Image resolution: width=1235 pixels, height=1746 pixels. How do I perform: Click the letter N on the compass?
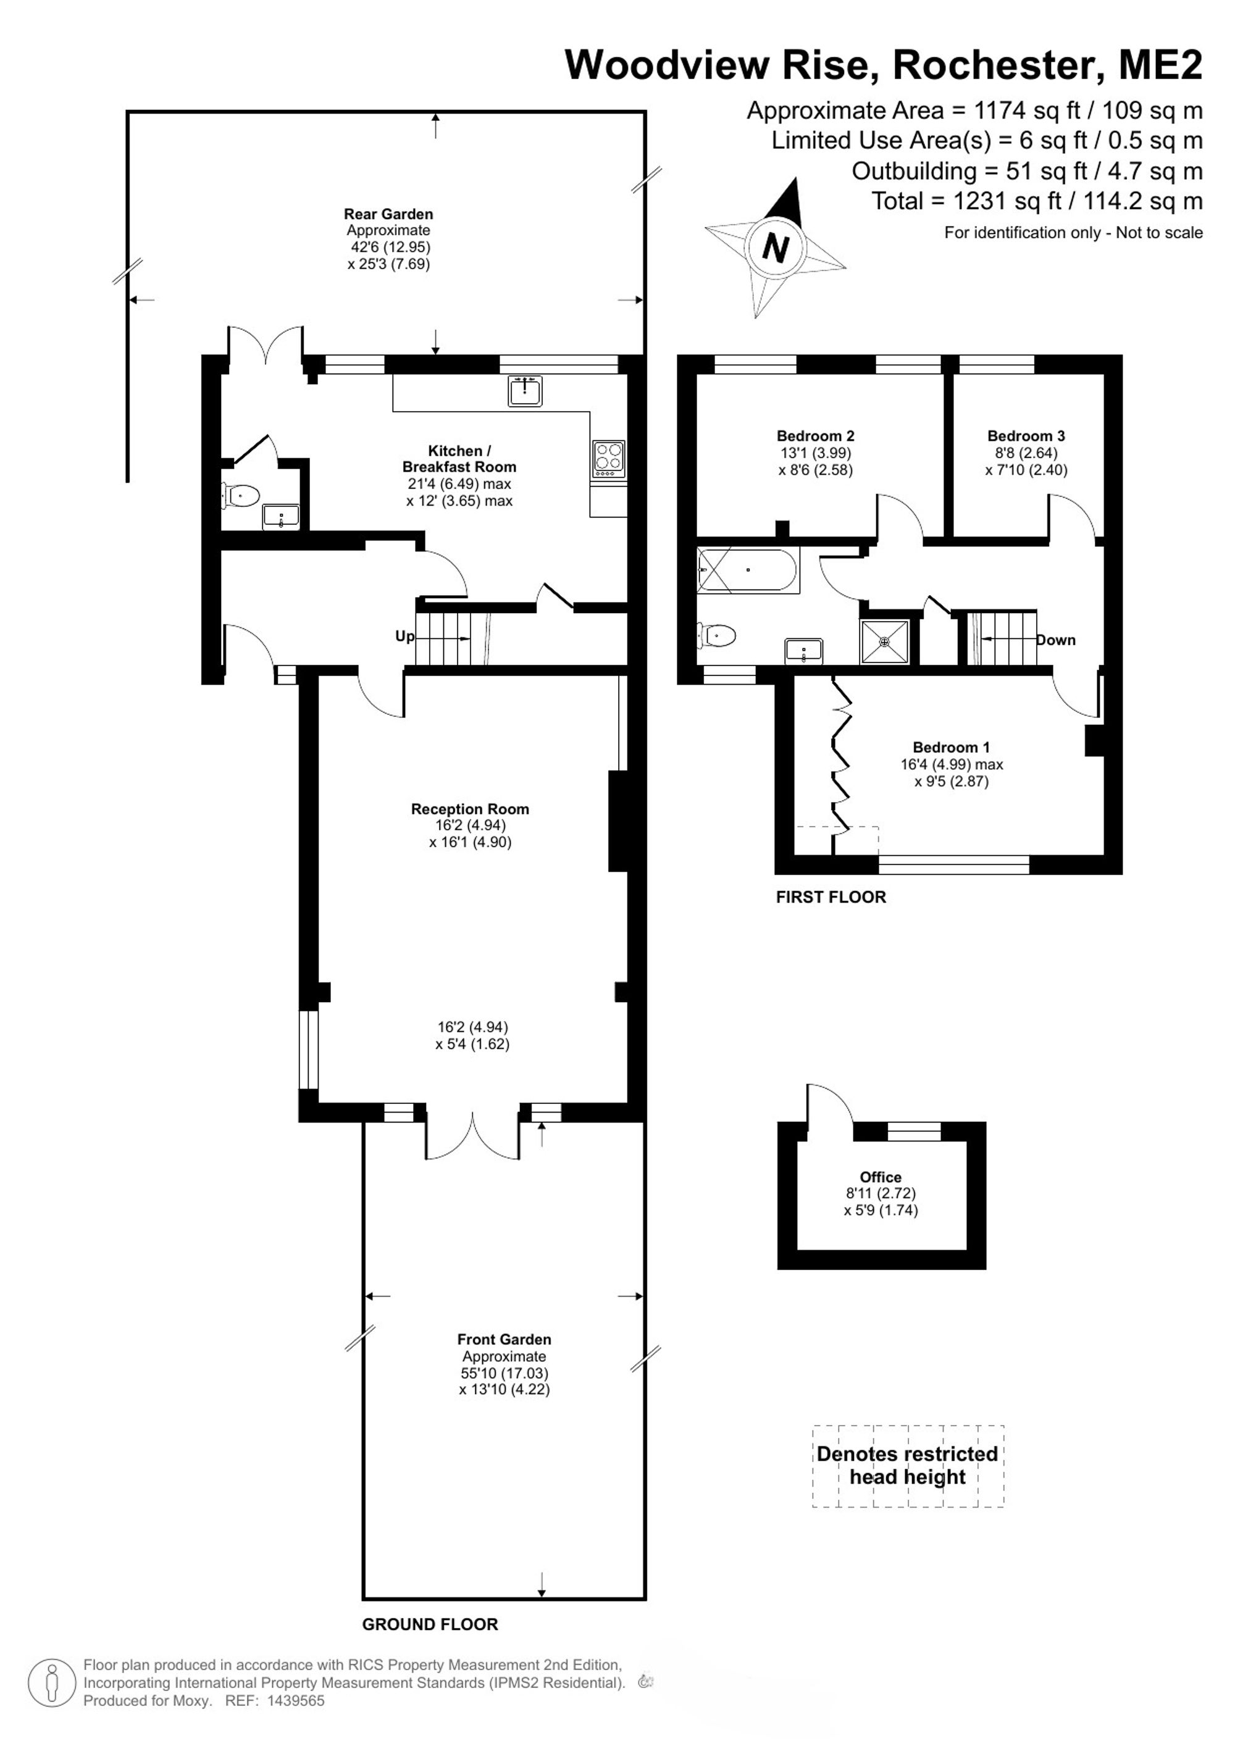tap(776, 247)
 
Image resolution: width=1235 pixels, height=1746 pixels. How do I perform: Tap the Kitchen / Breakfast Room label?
tap(459, 459)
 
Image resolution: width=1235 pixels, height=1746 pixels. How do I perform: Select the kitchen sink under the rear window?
tap(525, 391)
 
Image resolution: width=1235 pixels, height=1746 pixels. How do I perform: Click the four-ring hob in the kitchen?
tap(608, 459)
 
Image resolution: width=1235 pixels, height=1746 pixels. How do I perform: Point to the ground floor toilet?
tap(240, 496)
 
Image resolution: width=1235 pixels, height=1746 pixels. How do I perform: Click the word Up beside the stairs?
tap(404, 636)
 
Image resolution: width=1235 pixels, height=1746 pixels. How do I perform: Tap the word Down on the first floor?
tap(1057, 640)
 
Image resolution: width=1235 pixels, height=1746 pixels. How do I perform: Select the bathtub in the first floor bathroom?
tap(748, 570)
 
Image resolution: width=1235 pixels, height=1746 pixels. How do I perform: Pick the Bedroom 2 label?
tap(815, 436)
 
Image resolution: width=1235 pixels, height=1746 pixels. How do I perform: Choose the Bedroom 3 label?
tap(1026, 436)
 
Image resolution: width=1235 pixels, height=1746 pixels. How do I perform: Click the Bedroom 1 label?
tap(952, 748)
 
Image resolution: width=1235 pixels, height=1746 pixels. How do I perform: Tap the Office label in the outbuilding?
tap(881, 1177)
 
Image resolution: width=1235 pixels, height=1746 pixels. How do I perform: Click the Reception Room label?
tap(470, 809)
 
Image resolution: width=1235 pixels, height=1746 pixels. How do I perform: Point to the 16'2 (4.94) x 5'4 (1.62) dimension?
tap(472, 1036)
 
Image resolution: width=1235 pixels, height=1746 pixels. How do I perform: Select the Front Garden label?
tap(504, 1339)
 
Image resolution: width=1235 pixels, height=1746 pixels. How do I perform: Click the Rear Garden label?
tap(388, 214)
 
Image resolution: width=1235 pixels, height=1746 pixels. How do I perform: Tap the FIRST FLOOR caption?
tap(831, 897)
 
